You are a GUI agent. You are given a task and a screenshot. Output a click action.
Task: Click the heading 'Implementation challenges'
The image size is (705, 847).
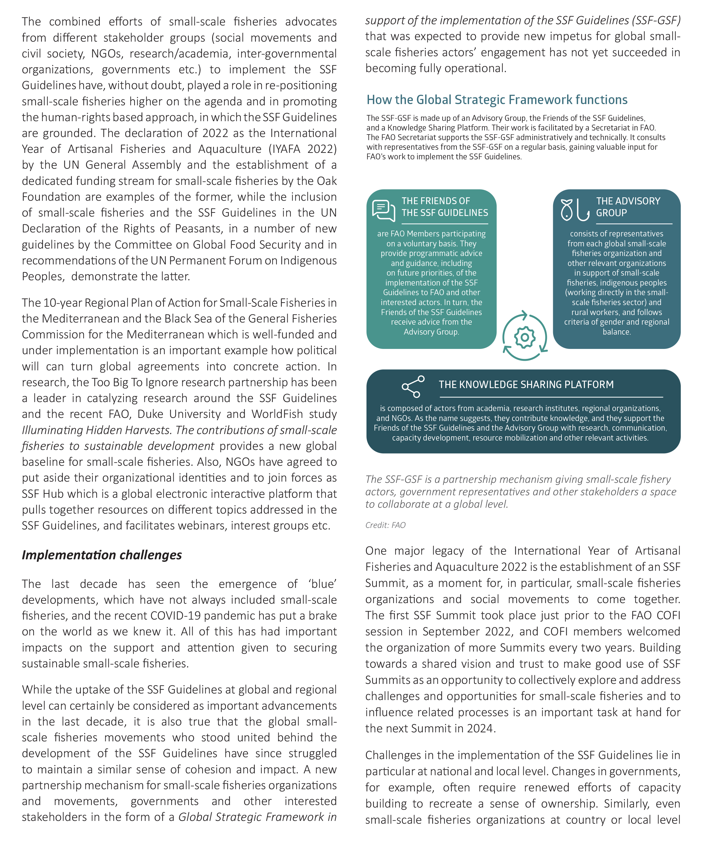tap(102, 555)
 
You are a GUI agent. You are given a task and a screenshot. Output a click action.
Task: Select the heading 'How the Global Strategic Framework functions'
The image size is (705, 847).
tap(497, 100)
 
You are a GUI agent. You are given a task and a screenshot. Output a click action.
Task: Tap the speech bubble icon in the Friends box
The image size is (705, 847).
tap(383, 210)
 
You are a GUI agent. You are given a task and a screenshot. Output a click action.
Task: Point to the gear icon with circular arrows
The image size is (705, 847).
tap(525, 336)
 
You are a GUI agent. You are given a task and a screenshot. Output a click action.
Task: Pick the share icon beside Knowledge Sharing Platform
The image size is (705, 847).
tap(413, 387)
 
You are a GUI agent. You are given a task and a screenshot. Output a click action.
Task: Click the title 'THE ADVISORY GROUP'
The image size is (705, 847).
tap(628, 207)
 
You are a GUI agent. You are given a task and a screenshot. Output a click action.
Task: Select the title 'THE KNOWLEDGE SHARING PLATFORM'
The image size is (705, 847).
tap(526, 385)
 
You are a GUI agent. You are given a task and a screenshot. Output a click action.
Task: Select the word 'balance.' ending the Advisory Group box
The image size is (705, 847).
tap(616, 332)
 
